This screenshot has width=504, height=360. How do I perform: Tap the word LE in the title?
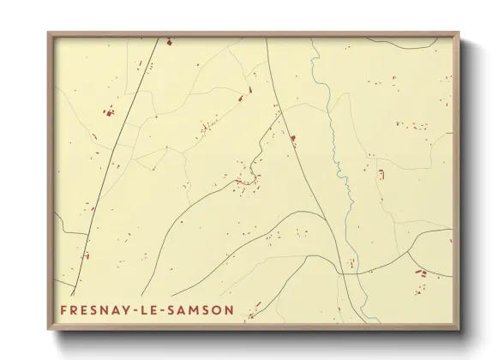[x=154, y=309]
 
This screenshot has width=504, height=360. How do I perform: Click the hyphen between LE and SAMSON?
[x=170, y=309]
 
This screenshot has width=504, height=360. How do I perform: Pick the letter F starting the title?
[x=64, y=309]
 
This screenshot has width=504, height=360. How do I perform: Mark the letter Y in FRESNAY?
[x=129, y=309]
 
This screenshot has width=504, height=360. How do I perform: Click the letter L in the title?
[x=149, y=309]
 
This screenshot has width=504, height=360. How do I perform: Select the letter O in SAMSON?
[x=217, y=309]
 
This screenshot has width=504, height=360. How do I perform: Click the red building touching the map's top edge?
[x=169, y=40]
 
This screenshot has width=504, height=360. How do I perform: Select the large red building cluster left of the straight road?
[x=108, y=111]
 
